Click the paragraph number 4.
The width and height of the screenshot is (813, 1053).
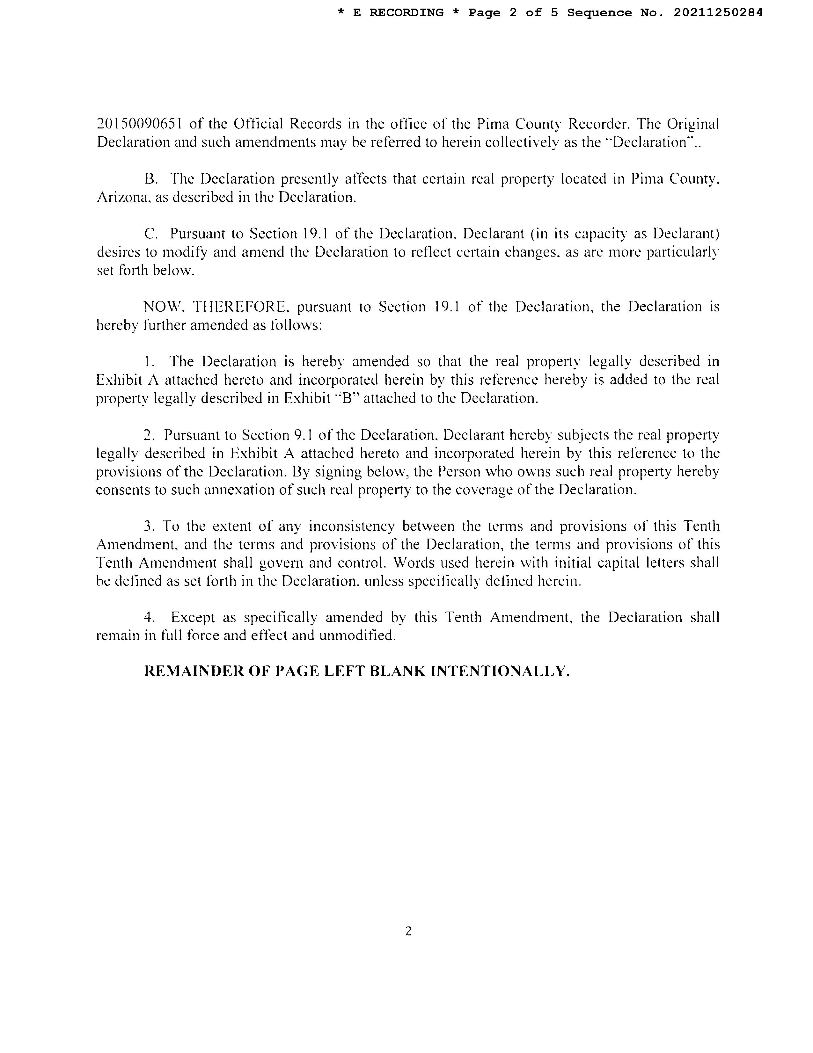point(149,618)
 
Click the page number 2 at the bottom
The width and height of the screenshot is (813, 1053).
point(408,931)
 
